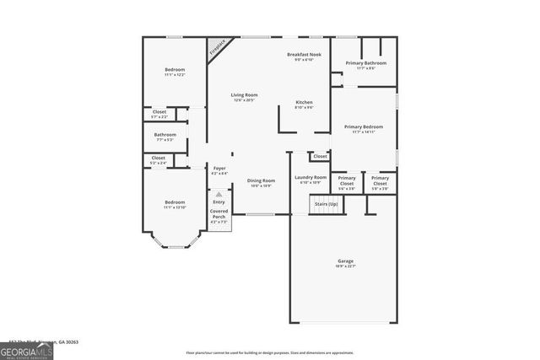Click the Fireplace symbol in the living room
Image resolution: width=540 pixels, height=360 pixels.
[219, 46]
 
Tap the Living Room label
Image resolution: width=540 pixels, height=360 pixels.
[244, 94]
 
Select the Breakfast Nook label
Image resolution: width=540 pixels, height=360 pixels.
[304, 54]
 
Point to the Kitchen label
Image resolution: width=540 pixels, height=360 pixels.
[304, 102]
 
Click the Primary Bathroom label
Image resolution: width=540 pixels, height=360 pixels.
[365, 62]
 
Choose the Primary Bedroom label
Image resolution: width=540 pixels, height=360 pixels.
[364, 126]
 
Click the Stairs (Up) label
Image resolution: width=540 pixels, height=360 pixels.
[326, 204]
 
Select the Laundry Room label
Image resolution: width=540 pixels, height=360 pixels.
[310, 177]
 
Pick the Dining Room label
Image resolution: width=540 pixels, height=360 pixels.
[261, 180]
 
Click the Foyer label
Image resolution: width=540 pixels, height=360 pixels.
[219, 168]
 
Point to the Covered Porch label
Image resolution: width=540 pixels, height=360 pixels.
[219, 214]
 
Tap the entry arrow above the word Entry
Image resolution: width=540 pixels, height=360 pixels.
[219, 194]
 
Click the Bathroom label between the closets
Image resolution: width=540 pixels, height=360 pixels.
[165, 134]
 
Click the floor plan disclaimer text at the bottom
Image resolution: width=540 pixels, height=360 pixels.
[269, 352]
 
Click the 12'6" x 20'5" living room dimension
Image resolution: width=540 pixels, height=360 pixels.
[244, 100]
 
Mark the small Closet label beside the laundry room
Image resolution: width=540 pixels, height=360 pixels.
[320, 156]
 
